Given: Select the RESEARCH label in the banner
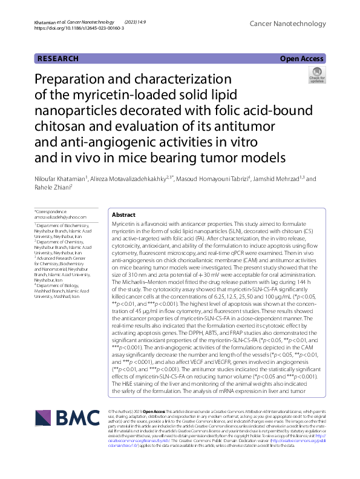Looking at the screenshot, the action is tap(58, 59).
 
